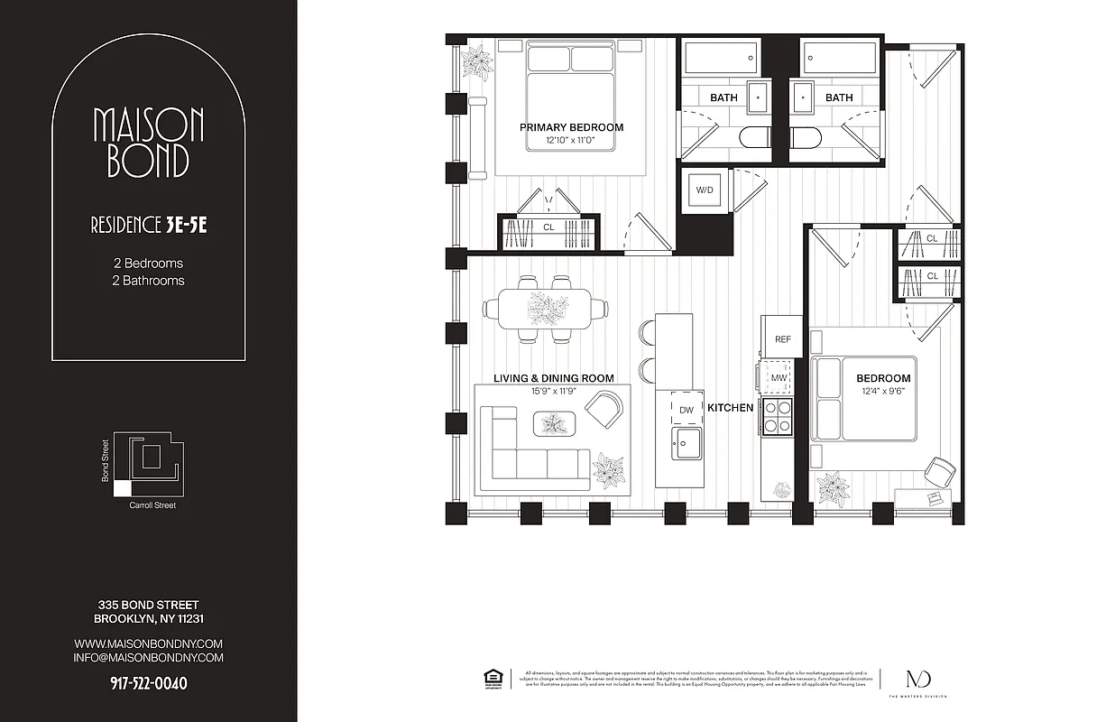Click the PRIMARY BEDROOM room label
[571, 127]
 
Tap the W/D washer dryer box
[704, 190]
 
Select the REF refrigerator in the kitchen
[782, 339]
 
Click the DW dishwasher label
[686, 409]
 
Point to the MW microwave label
[778, 376]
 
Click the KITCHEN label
[730, 408]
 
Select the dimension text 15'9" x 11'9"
[553, 392]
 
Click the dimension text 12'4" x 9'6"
[883, 392]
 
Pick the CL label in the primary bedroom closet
[548, 228]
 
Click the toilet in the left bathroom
[754, 138]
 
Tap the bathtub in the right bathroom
[839, 61]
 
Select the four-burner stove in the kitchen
[778, 415]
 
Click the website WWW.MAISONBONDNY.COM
[148, 643]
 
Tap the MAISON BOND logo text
[148, 143]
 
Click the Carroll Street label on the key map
[153, 505]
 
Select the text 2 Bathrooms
[148, 281]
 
